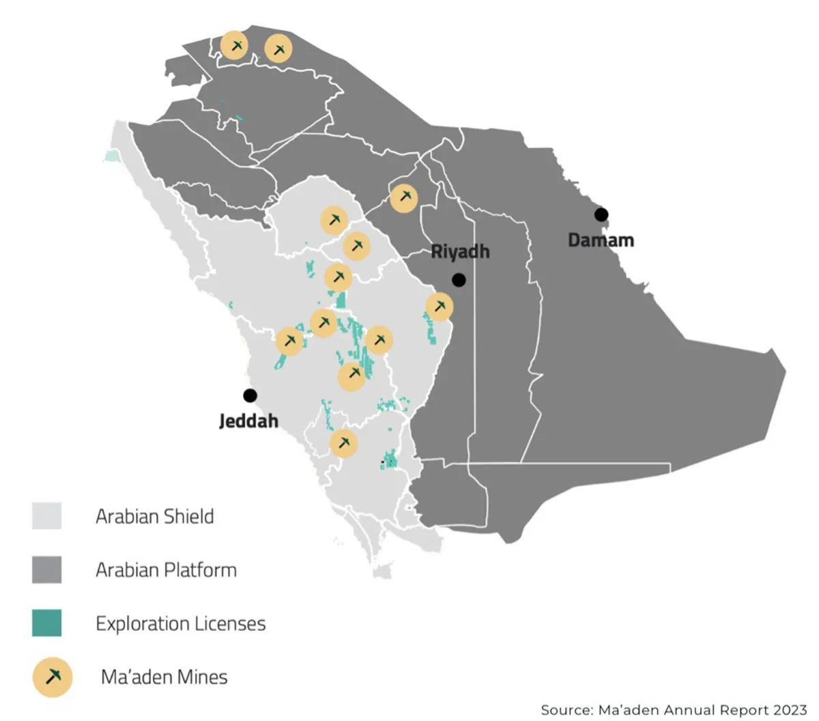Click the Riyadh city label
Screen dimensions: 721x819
[x=460, y=251]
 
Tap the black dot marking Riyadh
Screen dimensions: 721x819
[x=459, y=279]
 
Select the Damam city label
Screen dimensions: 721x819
[x=601, y=240]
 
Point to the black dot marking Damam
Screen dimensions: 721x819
[x=601, y=214]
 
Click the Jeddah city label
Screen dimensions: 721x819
[x=248, y=421]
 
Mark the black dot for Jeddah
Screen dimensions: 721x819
[x=250, y=395]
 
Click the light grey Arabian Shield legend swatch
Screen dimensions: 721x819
[x=46, y=515]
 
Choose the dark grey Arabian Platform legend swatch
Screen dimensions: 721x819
[x=46, y=569]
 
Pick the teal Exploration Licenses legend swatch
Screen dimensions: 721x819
[x=46, y=623]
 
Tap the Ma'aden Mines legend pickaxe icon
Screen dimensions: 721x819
[x=53, y=677]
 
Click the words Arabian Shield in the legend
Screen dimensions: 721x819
[x=155, y=516]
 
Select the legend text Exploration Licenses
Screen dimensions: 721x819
[x=180, y=623]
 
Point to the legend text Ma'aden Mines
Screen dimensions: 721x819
[x=164, y=677]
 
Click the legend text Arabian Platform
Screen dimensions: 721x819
[x=166, y=569]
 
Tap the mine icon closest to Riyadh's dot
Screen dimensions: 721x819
[x=440, y=307]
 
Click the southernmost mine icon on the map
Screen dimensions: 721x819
[x=343, y=442]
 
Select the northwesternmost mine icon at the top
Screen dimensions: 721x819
[x=234, y=45]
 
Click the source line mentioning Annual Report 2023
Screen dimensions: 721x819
[x=674, y=710]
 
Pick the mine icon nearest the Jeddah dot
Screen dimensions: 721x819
[x=289, y=340]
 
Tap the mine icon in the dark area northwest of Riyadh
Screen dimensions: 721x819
[x=404, y=197]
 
